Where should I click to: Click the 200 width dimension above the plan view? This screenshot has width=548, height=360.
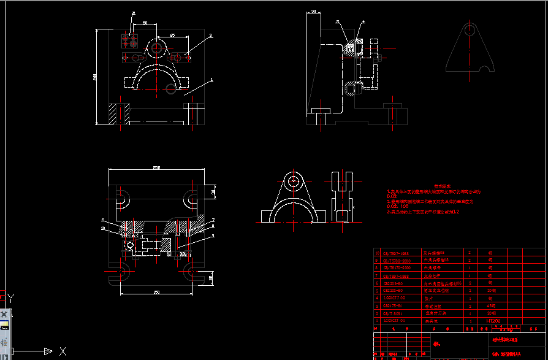[156, 167]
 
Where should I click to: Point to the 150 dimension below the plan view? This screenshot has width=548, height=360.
[156, 292]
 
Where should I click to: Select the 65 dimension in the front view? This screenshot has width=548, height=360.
[172, 36]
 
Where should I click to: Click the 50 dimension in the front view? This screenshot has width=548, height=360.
[145, 23]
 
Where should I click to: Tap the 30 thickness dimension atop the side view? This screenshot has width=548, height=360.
[313, 11]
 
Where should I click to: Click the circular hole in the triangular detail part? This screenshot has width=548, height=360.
[471, 29]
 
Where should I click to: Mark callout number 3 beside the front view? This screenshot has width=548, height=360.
[210, 36]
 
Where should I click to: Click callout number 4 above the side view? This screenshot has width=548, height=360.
[363, 21]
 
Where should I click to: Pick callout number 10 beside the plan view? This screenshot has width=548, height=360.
[103, 228]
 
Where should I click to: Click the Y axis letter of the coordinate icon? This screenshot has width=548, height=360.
[12, 297]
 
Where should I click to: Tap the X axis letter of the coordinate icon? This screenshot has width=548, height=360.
[62, 351]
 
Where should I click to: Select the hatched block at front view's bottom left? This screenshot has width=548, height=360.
[118, 113]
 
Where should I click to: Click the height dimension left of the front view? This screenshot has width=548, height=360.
[96, 77]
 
